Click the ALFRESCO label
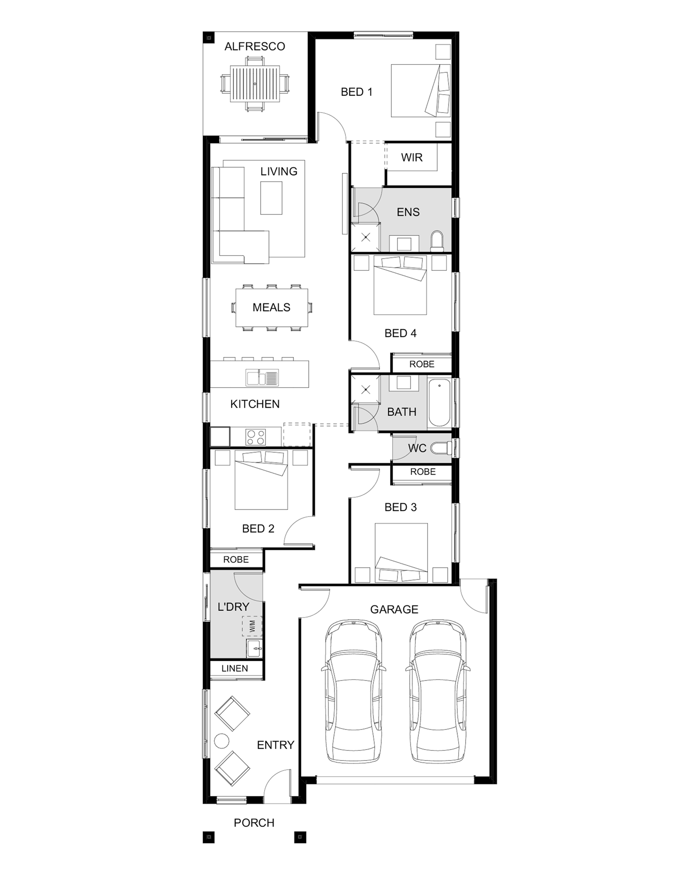click(x=255, y=46)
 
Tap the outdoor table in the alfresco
click(x=255, y=84)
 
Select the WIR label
click(x=412, y=157)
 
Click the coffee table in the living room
click(x=272, y=197)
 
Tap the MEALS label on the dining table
click(x=272, y=307)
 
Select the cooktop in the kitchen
click(x=256, y=437)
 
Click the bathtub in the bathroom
click(x=439, y=403)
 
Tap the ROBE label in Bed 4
click(x=422, y=364)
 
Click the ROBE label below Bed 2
click(x=236, y=559)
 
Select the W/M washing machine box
click(x=252, y=626)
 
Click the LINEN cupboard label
click(x=235, y=668)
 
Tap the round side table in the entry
click(x=221, y=741)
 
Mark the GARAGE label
click(x=394, y=609)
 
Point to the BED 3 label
click(x=401, y=507)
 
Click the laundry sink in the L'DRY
click(x=254, y=648)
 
